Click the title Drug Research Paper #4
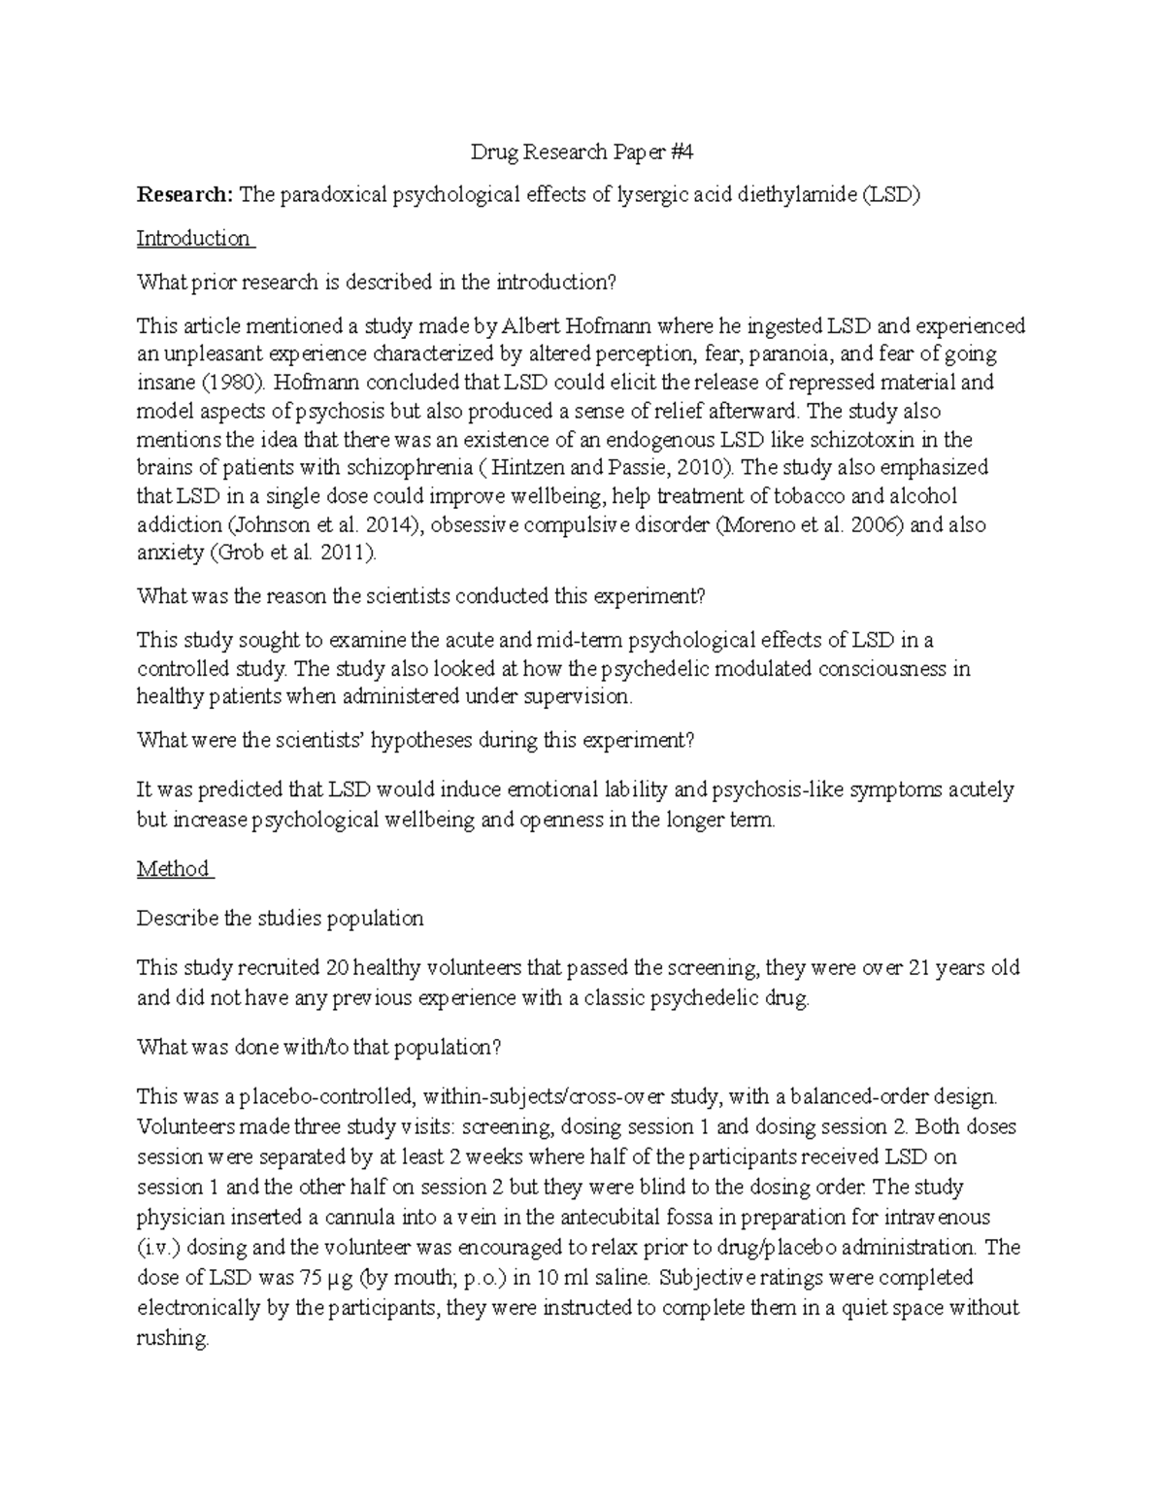point(582,151)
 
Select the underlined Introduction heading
point(193,239)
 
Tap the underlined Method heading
point(174,869)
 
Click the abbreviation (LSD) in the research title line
point(889,195)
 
